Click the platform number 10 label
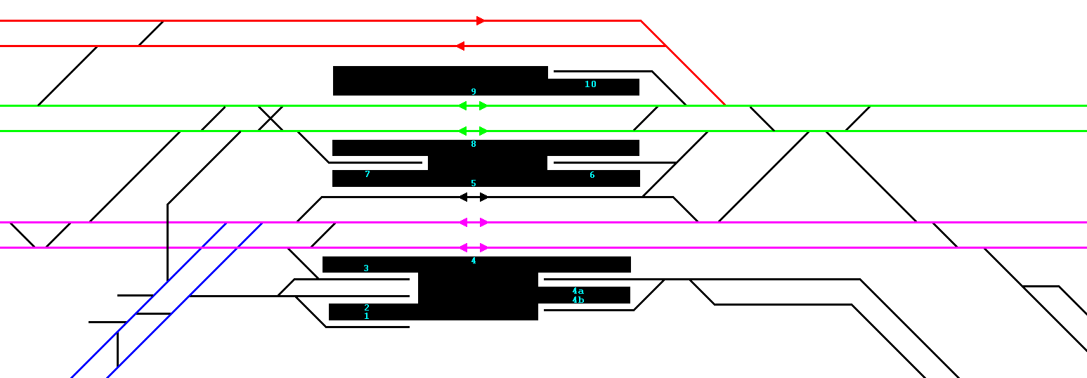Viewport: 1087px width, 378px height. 590,84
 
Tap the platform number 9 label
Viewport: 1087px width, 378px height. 474,92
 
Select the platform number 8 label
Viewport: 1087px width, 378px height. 474,144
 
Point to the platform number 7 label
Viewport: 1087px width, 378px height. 367,174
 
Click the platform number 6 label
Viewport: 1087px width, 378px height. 592,175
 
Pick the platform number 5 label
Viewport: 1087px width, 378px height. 474,183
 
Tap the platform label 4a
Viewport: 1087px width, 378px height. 578,291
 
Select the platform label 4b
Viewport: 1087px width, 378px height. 578,300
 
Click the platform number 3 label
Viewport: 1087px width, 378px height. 366,268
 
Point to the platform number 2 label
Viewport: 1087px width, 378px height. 367,308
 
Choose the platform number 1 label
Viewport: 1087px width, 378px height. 367,316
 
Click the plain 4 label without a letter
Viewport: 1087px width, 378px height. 474,261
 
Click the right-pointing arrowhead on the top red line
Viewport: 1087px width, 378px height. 481,20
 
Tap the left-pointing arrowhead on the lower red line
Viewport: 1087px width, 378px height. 460,46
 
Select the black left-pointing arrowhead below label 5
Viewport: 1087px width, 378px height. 463,197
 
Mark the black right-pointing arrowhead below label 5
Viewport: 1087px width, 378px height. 483,197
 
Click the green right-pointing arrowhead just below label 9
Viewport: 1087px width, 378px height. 483,106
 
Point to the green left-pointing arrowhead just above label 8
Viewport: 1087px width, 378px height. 463,131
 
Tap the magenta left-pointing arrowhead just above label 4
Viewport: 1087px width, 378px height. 463,247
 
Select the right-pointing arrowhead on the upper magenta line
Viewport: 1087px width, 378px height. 483,222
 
